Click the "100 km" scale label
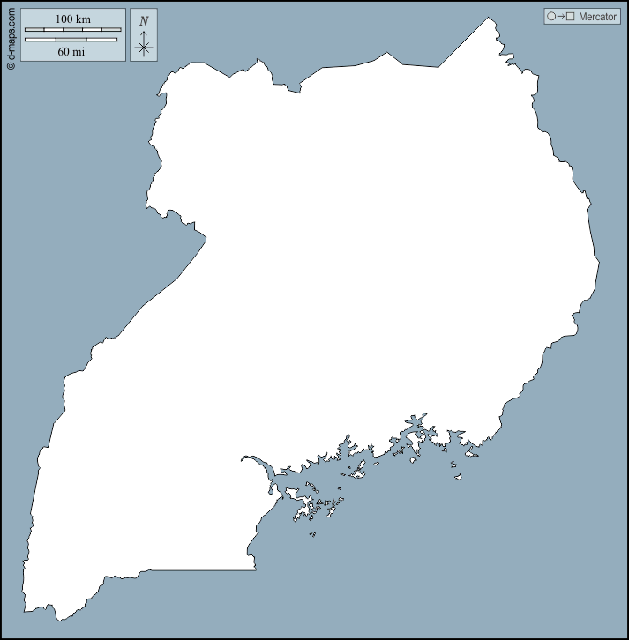pyautogui.click(x=72, y=19)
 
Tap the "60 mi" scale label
pyautogui.click(x=71, y=51)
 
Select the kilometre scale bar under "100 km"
pyautogui.click(x=72, y=30)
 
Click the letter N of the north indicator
pyautogui.click(x=144, y=21)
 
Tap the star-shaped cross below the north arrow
pyautogui.click(x=144, y=48)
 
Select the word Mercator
pyautogui.click(x=597, y=17)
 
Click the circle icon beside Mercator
pyautogui.click(x=551, y=17)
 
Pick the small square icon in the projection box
pyautogui.click(x=571, y=17)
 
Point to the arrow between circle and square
pyautogui.click(x=561, y=17)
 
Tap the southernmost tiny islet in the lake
pyautogui.click(x=312, y=533)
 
